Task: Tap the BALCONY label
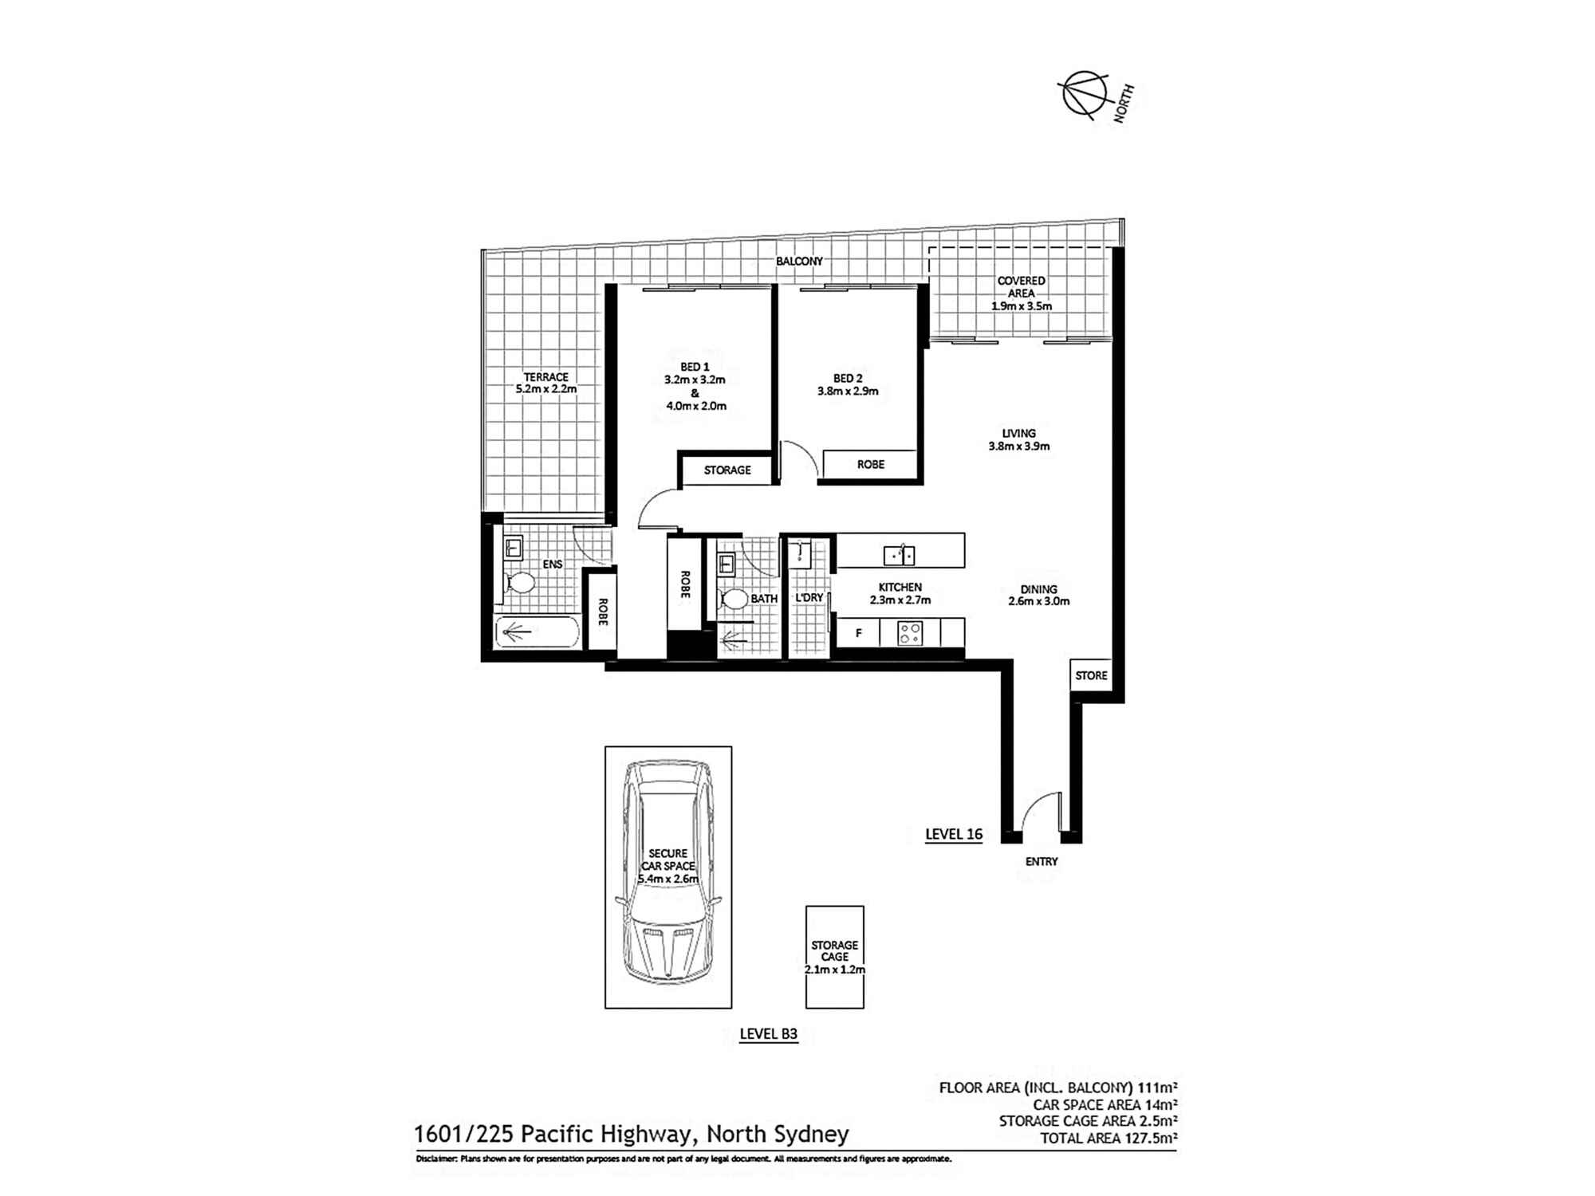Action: point(799,262)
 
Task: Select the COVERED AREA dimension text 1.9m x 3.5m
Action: point(1021,306)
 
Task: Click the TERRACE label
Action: point(546,377)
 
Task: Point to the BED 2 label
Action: point(848,379)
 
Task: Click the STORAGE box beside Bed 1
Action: point(727,470)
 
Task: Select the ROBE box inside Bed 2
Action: point(870,464)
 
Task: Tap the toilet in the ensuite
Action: point(520,583)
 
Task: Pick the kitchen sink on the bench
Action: point(900,554)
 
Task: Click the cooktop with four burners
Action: point(910,633)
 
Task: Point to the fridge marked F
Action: point(858,633)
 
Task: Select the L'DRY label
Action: point(809,597)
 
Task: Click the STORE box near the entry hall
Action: point(1091,675)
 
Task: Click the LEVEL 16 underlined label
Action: point(954,834)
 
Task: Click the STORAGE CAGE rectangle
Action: point(835,957)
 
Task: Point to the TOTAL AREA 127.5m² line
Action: point(1109,1139)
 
